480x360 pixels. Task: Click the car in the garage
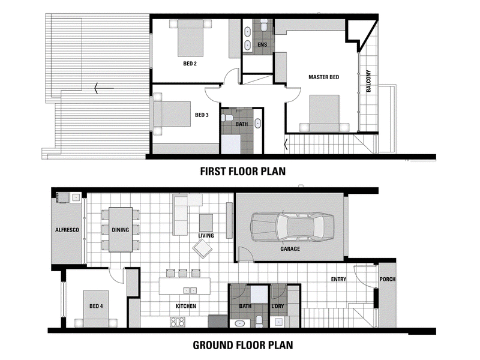292,227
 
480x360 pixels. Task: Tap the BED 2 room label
190,64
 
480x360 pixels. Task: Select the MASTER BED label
323,77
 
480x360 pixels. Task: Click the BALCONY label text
368,81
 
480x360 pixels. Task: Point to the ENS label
262,44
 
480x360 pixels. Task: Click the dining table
121,230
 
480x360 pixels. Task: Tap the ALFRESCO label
67,230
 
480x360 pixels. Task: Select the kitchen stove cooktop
178,322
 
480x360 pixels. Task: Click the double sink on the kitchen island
190,290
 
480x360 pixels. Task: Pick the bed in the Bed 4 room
96,309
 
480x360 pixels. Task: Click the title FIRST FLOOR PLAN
243,172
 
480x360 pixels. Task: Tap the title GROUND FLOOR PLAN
243,346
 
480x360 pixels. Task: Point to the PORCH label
387,279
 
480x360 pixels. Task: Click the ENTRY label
338,279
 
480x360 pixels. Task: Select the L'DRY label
278,306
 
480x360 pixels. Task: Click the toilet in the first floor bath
227,118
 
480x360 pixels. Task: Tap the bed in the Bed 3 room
172,113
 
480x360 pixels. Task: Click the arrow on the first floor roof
104,88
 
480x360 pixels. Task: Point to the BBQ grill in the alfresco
63,198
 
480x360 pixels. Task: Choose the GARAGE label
290,249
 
